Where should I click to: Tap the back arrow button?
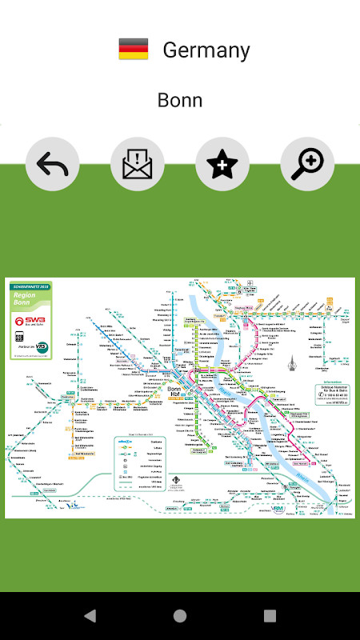(x=53, y=164)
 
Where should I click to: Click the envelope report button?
(x=138, y=164)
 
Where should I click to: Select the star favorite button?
(x=222, y=164)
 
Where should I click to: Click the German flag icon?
(x=134, y=50)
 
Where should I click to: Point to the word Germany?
(x=206, y=50)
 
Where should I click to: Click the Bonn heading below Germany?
(x=180, y=100)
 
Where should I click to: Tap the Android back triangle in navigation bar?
(x=90, y=616)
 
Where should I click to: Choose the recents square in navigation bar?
(x=270, y=616)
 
